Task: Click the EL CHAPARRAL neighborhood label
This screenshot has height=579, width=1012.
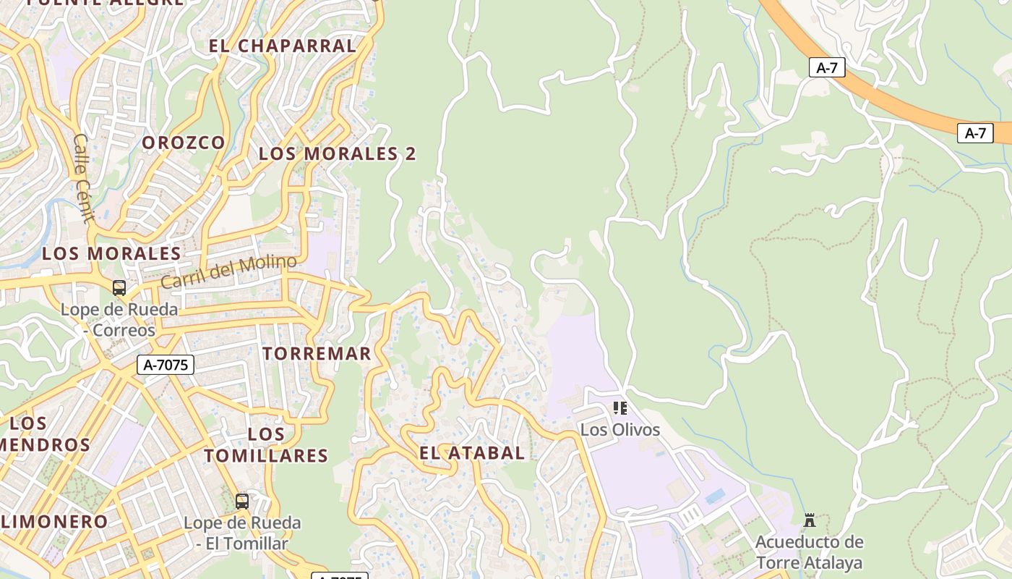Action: click(x=283, y=46)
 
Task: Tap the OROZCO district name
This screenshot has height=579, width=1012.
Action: click(x=184, y=143)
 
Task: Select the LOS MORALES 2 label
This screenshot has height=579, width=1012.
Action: click(x=337, y=153)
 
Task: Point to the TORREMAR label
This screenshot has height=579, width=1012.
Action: click(x=317, y=354)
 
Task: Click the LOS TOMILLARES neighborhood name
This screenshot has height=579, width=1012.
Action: click(x=266, y=445)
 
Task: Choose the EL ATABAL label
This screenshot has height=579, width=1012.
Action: click(x=472, y=453)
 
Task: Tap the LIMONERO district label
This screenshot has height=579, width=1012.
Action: click(x=54, y=521)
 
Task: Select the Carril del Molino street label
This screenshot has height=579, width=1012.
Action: click(x=228, y=271)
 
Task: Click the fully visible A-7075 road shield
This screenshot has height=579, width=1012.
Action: click(x=166, y=365)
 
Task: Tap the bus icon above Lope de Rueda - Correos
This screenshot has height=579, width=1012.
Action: click(x=119, y=288)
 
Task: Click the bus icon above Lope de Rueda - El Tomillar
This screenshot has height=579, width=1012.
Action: click(x=242, y=501)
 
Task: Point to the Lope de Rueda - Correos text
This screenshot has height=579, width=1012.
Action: click(x=119, y=320)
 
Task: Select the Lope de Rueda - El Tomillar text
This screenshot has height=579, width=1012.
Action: click(x=242, y=533)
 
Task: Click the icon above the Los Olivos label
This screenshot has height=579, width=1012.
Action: click(x=619, y=408)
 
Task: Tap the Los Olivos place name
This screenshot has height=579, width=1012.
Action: click(x=620, y=430)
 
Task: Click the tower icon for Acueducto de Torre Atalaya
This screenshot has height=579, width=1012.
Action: click(x=810, y=520)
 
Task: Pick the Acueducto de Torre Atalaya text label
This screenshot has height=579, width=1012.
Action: click(x=809, y=552)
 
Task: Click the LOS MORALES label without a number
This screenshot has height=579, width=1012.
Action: click(x=111, y=253)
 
